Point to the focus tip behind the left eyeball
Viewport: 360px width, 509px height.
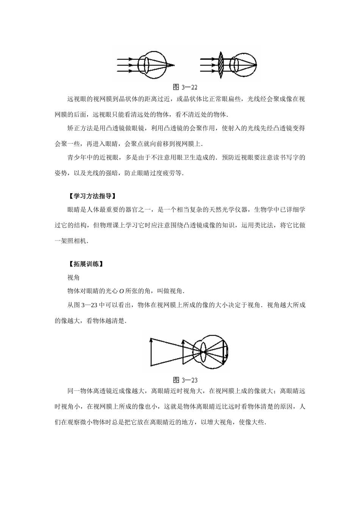click(x=174, y=66)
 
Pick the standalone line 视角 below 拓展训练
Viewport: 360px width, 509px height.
click(x=74, y=278)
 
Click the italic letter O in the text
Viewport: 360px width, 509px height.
click(x=122, y=291)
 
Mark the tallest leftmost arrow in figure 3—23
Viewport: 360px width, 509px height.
click(x=151, y=352)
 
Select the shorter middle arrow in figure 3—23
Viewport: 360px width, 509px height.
click(x=183, y=352)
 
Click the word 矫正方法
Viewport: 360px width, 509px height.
click(x=80, y=128)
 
